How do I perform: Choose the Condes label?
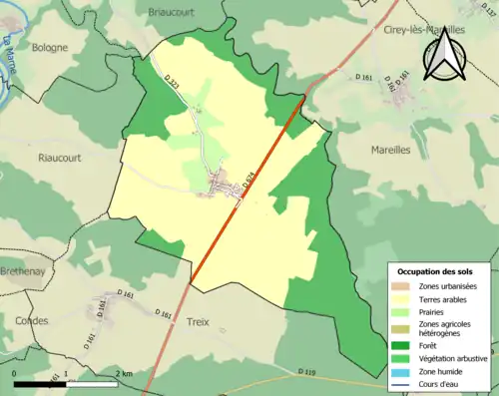click(32, 320)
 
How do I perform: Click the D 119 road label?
click(307, 372)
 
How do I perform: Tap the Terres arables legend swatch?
click(401, 299)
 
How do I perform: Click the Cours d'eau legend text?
click(443, 383)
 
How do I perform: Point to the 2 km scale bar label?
click(124, 373)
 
